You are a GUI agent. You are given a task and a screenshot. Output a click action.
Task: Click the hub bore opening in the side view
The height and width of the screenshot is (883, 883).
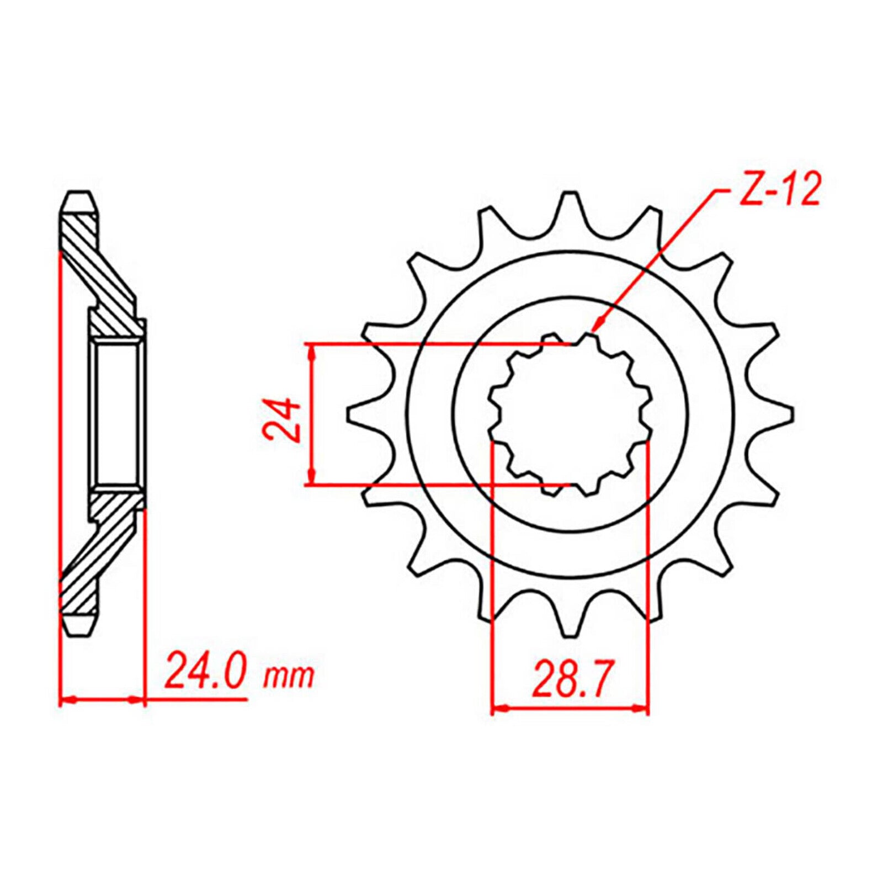click(116, 414)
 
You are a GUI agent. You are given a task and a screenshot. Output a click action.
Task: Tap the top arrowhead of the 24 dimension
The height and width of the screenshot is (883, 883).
click(313, 351)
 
